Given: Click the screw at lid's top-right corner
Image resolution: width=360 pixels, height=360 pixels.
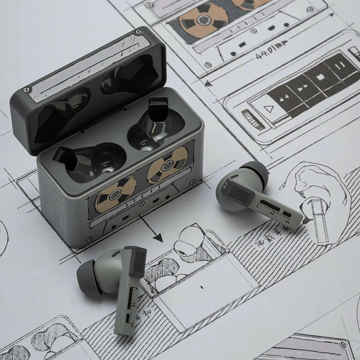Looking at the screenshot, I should (x=139, y=32).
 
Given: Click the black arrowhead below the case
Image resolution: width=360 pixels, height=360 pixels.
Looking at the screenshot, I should (x=157, y=238).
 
